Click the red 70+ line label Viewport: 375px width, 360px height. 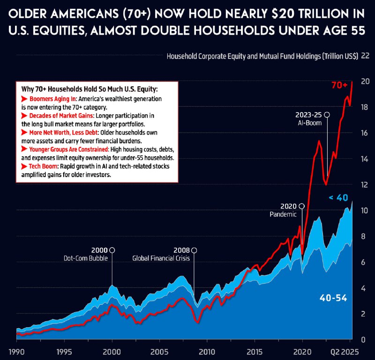pos(339,85)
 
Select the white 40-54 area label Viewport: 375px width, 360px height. pos(333,298)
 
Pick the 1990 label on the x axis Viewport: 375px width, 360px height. pos(16,351)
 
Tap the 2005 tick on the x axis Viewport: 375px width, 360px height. pos(159,351)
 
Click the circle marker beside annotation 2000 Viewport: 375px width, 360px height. pos(112,250)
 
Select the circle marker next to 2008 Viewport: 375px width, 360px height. pos(194,250)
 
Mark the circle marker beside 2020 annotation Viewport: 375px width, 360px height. pos(301,206)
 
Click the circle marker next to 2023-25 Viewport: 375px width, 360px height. pos(327,115)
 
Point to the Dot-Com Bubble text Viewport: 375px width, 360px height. pos(86,258)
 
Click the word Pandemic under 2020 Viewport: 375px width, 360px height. pos(283,214)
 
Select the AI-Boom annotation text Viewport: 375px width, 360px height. pos(308,123)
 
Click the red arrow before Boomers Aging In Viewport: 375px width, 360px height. pos(25,100)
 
